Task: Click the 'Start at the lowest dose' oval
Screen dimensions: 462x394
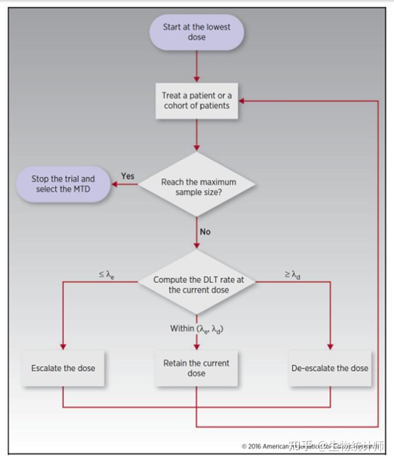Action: click(x=196, y=32)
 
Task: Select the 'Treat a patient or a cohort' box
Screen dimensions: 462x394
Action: click(x=196, y=101)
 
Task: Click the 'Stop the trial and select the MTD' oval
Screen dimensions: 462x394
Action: click(x=63, y=184)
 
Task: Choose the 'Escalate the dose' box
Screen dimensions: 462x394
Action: click(x=63, y=368)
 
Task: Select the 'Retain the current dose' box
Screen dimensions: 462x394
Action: click(x=196, y=368)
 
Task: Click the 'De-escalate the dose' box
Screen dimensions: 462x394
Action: click(x=330, y=368)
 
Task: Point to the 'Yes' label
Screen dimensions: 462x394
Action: click(x=128, y=176)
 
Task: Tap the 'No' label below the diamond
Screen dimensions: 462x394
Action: click(x=205, y=232)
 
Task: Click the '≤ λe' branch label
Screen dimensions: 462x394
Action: click(x=106, y=275)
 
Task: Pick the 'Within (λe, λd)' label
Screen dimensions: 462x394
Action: click(x=197, y=329)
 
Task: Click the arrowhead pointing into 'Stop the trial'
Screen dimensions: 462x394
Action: click(x=116, y=184)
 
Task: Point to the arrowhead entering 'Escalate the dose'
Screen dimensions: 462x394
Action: click(x=63, y=346)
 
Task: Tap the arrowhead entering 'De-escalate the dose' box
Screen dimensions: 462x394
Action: click(x=330, y=346)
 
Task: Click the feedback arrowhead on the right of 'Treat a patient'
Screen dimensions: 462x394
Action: click(x=242, y=101)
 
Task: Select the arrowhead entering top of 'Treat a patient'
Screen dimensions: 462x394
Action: click(x=196, y=78)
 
